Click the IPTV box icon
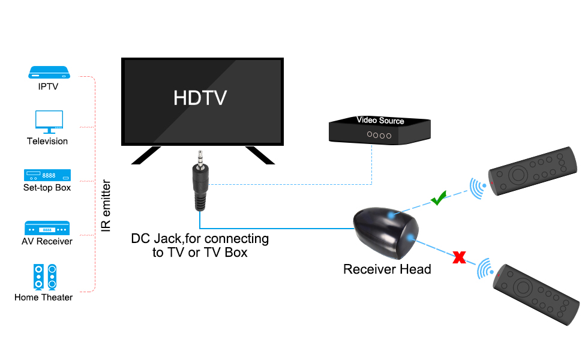click(50, 73)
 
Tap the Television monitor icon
click(49, 121)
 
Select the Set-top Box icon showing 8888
click(47, 175)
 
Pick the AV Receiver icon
click(47, 229)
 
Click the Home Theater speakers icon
click(45, 277)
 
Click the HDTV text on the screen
click(200, 98)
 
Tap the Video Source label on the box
click(380, 121)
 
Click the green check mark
click(439, 199)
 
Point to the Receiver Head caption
click(387, 269)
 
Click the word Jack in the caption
click(171, 239)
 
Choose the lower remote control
click(535, 295)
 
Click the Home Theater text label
click(44, 297)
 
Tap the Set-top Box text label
click(47, 188)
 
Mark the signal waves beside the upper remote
click(478, 187)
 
